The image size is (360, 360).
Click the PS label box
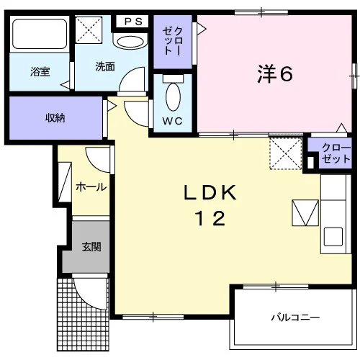coord(132,22)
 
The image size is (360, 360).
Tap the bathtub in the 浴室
coord(40,34)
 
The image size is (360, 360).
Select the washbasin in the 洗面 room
coord(130,41)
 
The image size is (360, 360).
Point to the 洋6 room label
coord(275,74)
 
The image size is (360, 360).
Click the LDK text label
coord(210,192)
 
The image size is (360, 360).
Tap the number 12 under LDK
coord(210,218)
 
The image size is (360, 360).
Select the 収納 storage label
coord(55,118)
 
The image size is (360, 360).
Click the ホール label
coord(91,186)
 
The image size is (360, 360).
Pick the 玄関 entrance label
coord(91,247)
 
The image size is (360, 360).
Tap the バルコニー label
coord(295,318)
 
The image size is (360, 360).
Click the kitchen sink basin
coord(333,236)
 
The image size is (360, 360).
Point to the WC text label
coord(173,121)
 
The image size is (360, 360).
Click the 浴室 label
coord(40,72)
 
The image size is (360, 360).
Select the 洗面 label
coord(105,66)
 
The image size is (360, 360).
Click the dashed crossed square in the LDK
coord(285,153)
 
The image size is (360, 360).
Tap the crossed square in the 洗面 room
coord(89,30)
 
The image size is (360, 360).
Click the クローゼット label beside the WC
coord(173,41)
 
